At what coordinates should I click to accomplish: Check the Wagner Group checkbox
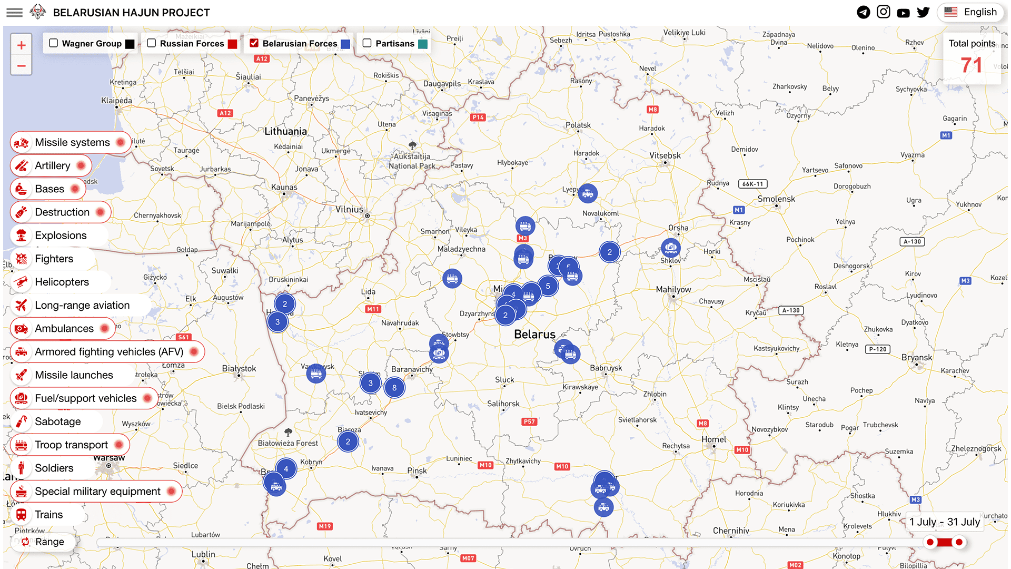point(53,43)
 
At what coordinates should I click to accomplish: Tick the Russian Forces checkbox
point(152,43)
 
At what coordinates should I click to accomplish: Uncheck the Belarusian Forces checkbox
point(254,43)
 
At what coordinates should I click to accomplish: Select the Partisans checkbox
point(367,43)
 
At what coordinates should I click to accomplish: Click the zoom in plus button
point(21,45)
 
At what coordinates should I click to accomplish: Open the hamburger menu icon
point(14,12)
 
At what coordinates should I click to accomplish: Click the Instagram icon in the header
point(884,12)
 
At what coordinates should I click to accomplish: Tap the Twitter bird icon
point(923,12)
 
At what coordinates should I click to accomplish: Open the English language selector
point(970,12)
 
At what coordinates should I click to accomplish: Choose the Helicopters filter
point(61,282)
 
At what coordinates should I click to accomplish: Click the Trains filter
point(48,515)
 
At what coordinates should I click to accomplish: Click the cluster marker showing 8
point(394,388)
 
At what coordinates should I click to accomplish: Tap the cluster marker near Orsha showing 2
point(609,252)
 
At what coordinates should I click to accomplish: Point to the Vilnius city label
point(349,209)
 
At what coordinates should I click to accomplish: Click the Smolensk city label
point(776,199)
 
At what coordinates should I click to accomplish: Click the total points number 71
point(971,65)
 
